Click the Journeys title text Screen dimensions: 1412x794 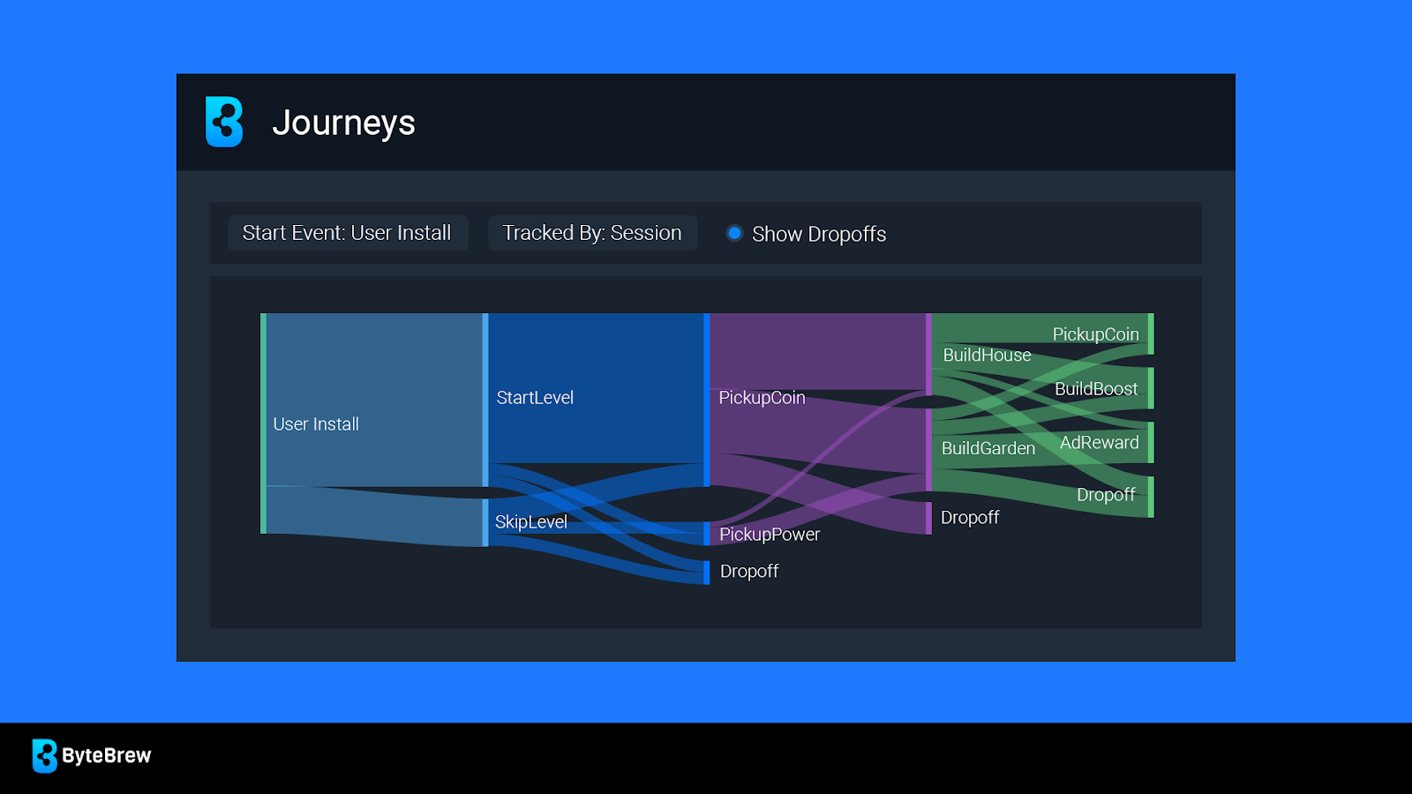click(x=343, y=123)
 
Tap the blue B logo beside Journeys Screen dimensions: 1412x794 click(x=224, y=122)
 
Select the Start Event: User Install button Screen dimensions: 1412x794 click(x=348, y=233)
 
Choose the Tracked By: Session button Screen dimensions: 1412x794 click(x=592, y=233)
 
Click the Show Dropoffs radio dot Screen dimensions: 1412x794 click(x=734, y=233)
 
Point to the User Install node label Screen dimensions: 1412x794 click(x=316, y=424)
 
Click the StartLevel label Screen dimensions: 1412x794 click(x=535, y=398)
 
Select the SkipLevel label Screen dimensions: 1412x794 click(x=530, y=521)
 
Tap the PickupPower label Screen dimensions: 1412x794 click(x=770, y=535)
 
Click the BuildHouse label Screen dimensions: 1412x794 click(x=988, y=356)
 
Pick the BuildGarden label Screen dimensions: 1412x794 click(x=988, y=448)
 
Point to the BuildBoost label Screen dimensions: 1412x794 click(x=1096, y=389)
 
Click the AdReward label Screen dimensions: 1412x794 click(x=1100, y=442)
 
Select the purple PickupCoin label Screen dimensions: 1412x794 click(x=762, y=398)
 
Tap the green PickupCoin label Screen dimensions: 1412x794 click(x=1095, y=334)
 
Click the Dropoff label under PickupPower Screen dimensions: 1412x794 click(x=749, y=571)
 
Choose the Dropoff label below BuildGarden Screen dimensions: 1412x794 click(x=970, y=517)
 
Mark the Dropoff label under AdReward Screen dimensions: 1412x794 click(x=1106, y=495)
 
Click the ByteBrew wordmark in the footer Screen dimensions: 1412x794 click(x=107, y=755)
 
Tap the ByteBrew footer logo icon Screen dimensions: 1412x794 click(x=45, y=755)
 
